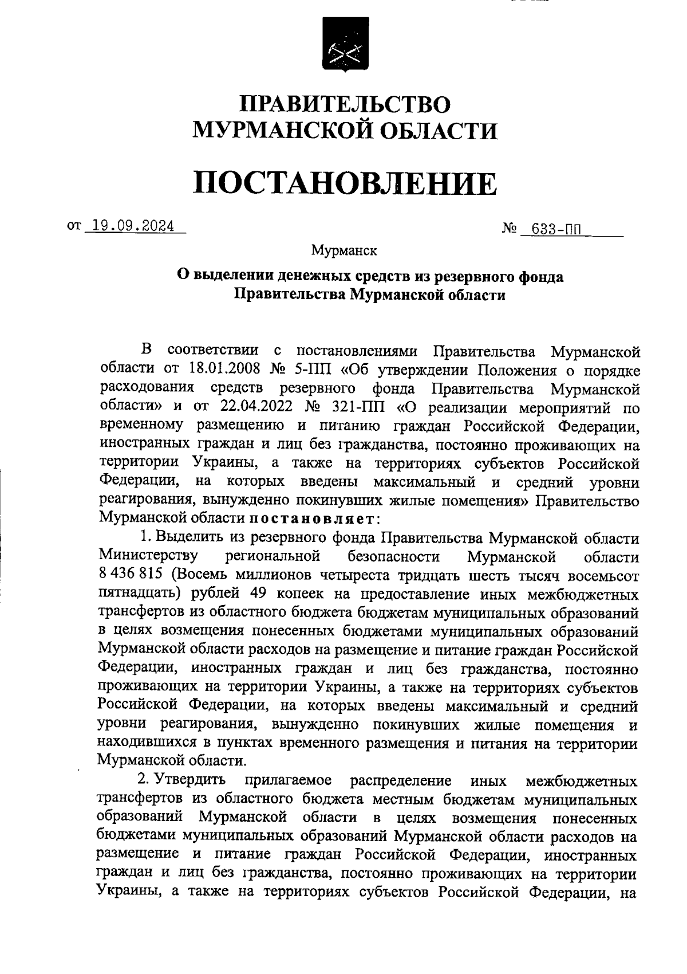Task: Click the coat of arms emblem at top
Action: pyautogui.click(x=345, y=44)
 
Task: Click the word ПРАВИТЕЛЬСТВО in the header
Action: pyautogui.click(x=345, y=104)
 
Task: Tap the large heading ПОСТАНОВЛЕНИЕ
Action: pyautogui.click(x=345, y=183)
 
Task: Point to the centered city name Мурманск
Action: pyautogui.click(x=344, y=250)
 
